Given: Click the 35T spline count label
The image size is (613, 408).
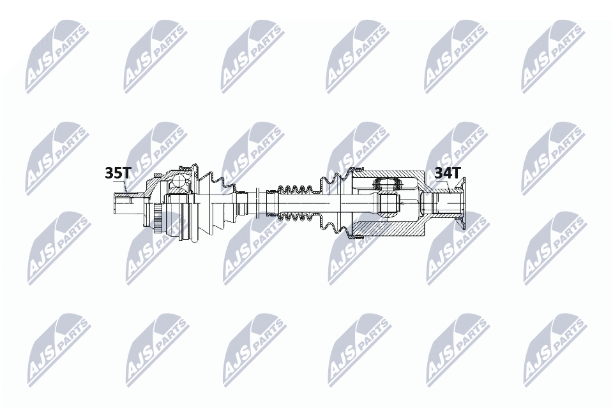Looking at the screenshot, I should [117, 173].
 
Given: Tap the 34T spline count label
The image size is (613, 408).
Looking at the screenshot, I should [447, 173].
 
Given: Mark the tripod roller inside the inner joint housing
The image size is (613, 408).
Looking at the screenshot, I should [387, 184].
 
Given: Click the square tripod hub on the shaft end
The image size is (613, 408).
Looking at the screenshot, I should [387, 204].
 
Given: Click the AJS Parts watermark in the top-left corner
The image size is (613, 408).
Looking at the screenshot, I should [56, 55].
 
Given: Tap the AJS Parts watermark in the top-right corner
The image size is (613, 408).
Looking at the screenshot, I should [552, 55].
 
